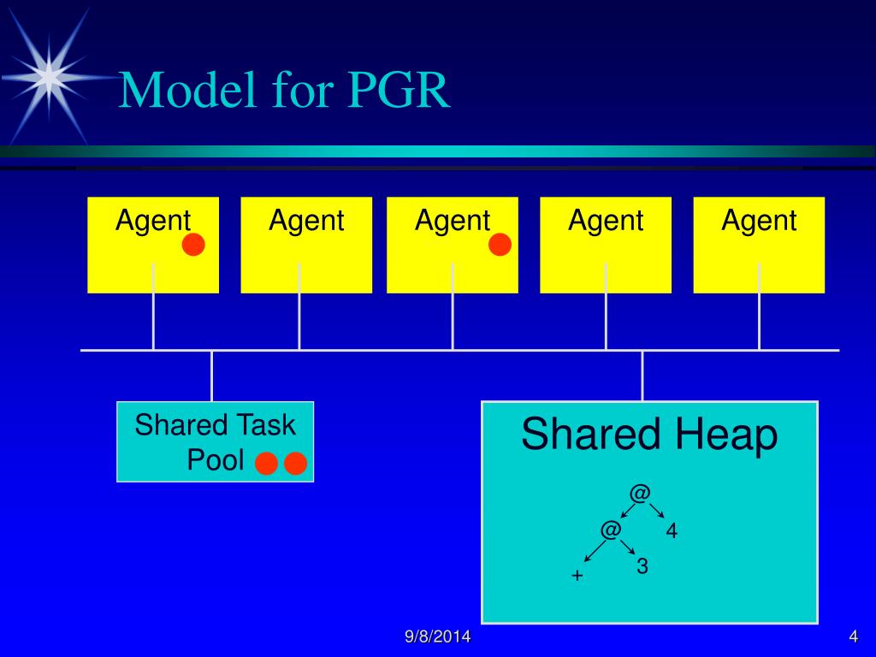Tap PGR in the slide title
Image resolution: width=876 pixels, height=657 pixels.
[398, 91]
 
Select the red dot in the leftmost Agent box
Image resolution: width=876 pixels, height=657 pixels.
[194, 246]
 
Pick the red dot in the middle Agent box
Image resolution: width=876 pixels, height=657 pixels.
[500, 246]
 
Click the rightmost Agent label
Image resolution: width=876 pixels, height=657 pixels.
[759, 221]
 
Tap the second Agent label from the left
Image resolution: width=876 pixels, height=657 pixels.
[306, 221]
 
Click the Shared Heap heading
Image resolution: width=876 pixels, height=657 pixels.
[649, 435]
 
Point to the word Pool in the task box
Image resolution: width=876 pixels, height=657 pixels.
[216, 460]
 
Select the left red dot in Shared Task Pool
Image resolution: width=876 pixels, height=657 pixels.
[267, 464]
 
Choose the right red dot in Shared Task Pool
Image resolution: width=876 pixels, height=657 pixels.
[296, 464]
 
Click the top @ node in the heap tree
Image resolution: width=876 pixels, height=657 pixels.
[640, 494]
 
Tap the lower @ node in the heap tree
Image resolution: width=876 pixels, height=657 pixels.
[610, 530]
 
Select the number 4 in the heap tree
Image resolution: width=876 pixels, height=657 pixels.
[672, 531]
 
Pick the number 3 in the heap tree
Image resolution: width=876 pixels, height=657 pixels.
[642, 566]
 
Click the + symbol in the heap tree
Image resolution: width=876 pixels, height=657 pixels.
[577, 576]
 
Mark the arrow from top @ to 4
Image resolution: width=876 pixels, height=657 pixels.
[657, 511]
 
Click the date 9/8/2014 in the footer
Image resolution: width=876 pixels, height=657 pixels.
[438, 637]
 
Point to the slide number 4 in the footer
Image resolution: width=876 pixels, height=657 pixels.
[853, 636]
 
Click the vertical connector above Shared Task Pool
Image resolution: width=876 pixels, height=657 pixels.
[211, 376]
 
